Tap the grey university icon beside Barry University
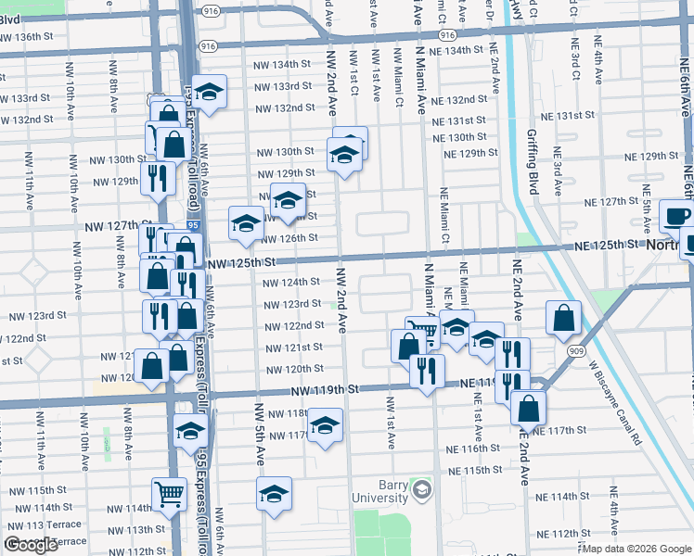pyautogui.click(x=422, y=487)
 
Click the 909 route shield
pyautogui.click(x=575, y=351)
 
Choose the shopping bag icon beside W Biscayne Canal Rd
pyautogui.click(x=563, y=319)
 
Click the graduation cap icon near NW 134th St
pyautogui.click(x=210, y=92)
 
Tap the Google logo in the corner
pyautogui.click(x=32, y=545)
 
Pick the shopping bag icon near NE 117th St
pyautogui.click(x=528, y=408)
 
